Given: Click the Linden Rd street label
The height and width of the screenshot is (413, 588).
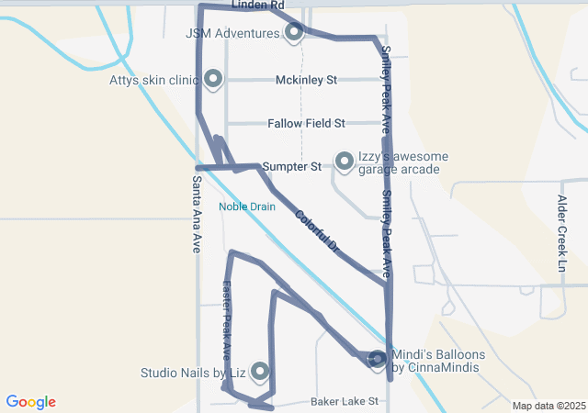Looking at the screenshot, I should click(258, 6).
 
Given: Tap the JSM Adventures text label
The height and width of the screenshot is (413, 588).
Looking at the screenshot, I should click(232, 33).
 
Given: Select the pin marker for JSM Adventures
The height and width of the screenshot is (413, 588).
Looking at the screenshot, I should click(294, 32).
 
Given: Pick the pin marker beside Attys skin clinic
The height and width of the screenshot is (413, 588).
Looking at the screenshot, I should click(213, 79).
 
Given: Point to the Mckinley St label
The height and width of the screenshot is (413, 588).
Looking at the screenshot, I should click(307, 80).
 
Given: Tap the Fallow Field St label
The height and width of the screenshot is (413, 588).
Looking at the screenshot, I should click(306, 123).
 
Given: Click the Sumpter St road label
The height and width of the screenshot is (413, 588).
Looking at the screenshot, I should click(291, 167).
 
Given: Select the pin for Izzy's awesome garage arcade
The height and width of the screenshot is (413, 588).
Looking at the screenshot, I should click(345, 162).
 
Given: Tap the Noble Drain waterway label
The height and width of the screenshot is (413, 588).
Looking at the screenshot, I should click(247, 206).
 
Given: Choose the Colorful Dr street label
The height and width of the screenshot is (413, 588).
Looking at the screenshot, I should click(318, 231).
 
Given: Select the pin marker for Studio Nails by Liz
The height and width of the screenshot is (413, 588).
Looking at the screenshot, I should click(260, 371).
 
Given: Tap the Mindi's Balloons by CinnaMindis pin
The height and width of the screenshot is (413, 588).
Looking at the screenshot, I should click(378, 360).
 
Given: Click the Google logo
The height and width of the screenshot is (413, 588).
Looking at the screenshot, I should click(31, 402).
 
